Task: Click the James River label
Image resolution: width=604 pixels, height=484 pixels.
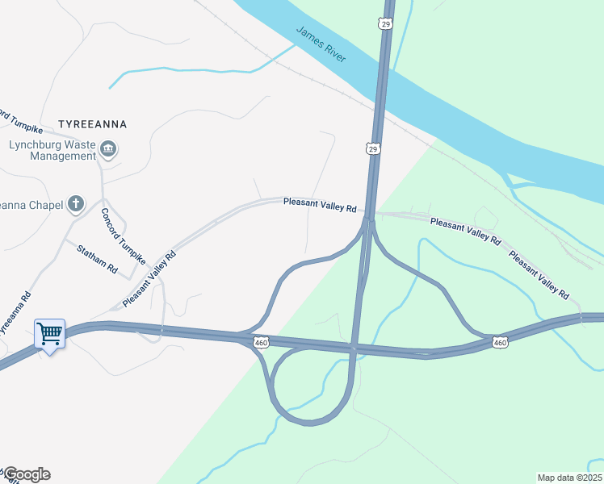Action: (321, 44)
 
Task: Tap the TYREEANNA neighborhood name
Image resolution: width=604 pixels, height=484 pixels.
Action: (93, 125)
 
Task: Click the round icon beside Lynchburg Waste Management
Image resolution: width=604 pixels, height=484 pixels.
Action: (108, 149)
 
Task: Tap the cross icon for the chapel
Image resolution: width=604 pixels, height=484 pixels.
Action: (76, 203)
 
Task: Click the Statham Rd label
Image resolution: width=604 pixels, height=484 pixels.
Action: (97, 258)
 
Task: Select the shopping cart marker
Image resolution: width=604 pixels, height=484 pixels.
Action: (49, 333)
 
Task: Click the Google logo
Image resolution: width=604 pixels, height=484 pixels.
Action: (26, 474)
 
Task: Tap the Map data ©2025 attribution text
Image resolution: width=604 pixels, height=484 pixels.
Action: (568, 478)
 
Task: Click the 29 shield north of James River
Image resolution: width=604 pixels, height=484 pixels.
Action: (386, 25)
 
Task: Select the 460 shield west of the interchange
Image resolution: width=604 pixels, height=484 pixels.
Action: (260, 343)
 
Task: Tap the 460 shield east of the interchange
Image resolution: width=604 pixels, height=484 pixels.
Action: (500, 343)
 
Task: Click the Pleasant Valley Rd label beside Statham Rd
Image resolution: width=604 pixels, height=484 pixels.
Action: (149, 279)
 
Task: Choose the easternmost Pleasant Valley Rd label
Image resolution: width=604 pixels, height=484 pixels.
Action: (539, 275)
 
